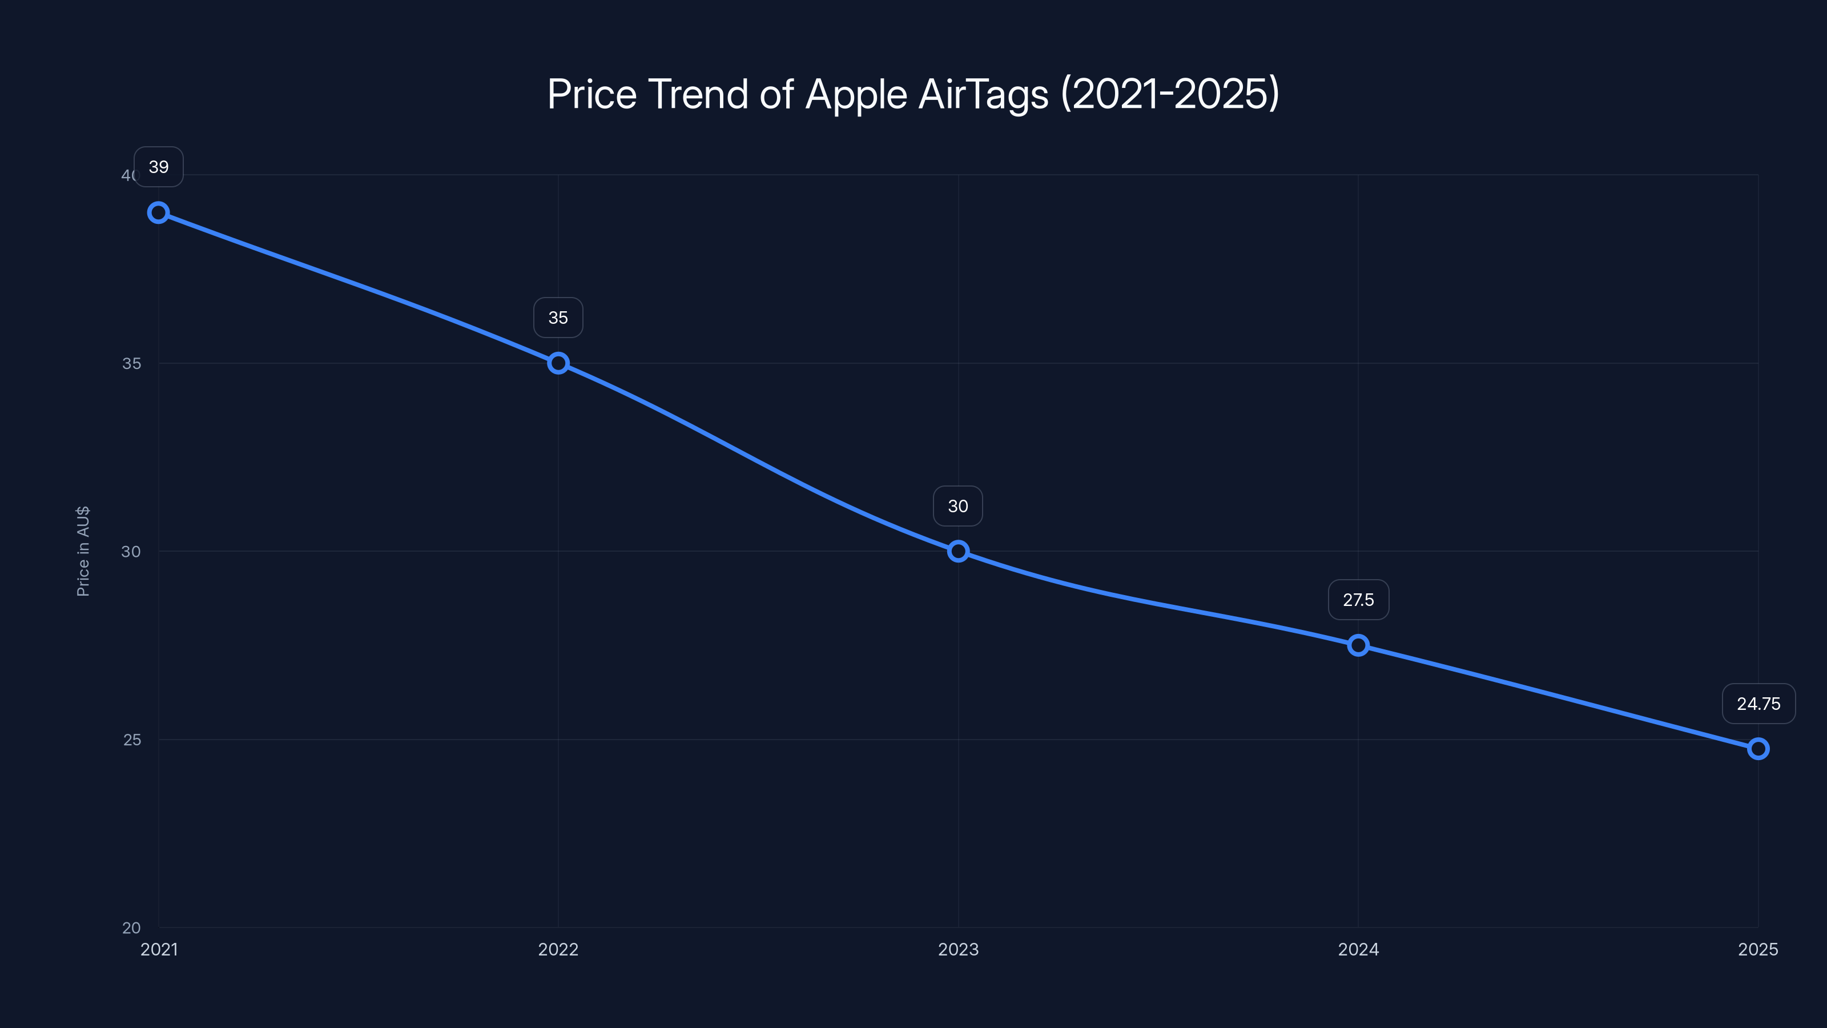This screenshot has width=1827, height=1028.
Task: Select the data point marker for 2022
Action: click(558, 363)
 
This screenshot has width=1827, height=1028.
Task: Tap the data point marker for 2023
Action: click(958, 551)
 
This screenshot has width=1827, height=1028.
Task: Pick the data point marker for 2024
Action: click(1358, 645)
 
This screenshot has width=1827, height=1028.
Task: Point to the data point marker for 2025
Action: click(1758, 749)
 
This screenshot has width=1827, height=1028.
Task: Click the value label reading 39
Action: click(158, 167)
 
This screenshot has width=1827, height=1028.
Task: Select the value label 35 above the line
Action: click(558, 318)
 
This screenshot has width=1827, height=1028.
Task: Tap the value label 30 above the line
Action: click(958, 507)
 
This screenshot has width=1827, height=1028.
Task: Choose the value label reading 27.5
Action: click(1358, 600)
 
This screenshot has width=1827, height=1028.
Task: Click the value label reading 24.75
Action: click(1758, 704)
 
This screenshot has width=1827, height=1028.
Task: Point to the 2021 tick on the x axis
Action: click(159, 949)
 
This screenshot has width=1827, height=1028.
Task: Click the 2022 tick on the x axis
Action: click(558, 949)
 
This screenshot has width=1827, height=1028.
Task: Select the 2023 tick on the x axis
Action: click(958, 949)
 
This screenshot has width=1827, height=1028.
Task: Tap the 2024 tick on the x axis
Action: click(1358, 949)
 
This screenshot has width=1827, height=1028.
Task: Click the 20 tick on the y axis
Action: click(131, 927)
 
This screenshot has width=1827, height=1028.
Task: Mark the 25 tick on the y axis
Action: click(132, 739)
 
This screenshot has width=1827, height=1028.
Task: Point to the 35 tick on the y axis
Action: click(131, 363)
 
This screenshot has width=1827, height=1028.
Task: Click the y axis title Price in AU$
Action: click(83, 551)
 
